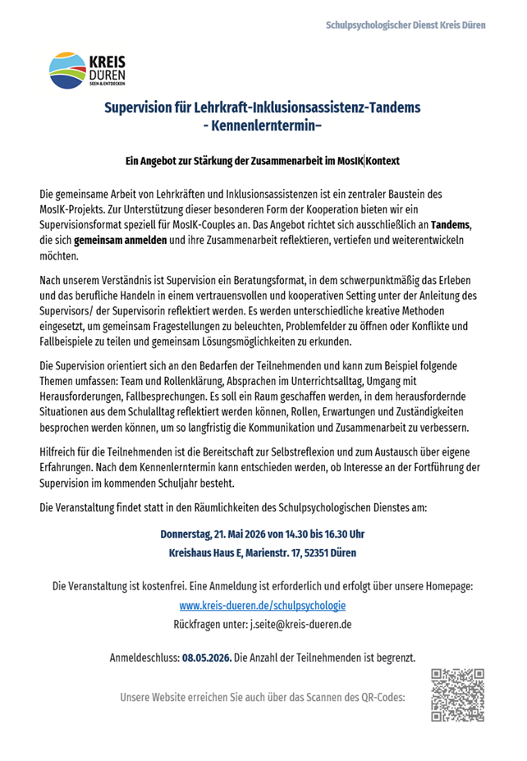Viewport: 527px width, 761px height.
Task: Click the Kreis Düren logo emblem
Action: (x=66, y=70)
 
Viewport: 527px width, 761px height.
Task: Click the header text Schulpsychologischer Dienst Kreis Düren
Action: (x=406, y=25)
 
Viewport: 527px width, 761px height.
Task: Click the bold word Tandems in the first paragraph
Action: (x=451, y=226)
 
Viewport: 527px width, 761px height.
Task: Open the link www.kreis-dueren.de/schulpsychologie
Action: (x=263, y=606)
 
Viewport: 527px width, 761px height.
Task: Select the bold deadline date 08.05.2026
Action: (x=207, y=658)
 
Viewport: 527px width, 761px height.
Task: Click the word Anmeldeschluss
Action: (x=144, y=658)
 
